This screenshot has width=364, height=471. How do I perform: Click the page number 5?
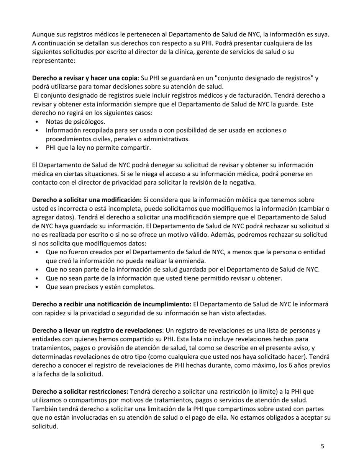(x=322, y=446)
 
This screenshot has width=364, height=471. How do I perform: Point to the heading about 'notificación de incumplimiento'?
(x=111, y=304)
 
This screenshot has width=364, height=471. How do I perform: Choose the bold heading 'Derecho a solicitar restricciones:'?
(x=80, y=392)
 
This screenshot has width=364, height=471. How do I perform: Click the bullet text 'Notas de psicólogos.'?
(x=75, y=122)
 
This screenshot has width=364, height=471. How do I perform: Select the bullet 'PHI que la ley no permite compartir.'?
(x=98, y=148)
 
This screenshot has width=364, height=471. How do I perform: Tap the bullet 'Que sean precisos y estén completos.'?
(x=100, y=287)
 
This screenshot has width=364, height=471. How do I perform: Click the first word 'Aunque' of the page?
(x=42, y=34)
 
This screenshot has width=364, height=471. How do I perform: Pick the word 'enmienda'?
(x=192, y=261)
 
